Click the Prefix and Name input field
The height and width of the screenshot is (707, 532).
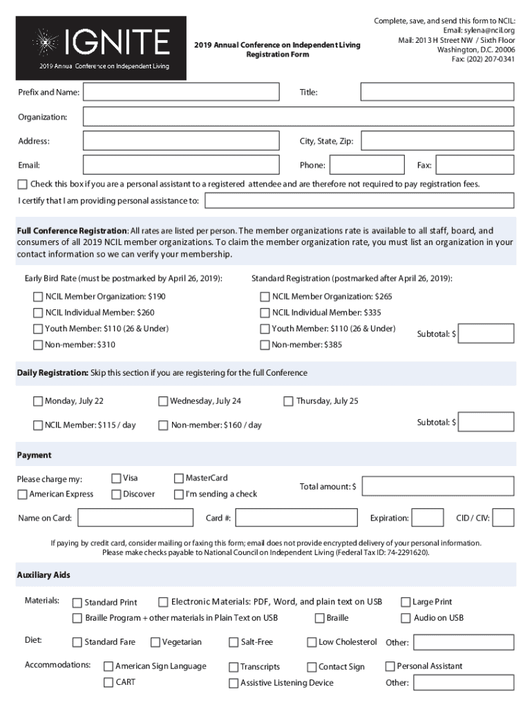[181, 92]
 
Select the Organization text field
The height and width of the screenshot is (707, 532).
[298, 117]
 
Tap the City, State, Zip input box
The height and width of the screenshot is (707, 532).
[437, 142]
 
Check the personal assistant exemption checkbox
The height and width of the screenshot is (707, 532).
[23, 184]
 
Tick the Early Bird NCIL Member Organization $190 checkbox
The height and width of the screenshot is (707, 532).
[38, 297]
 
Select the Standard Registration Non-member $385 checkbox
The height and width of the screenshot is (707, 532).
[265, 345]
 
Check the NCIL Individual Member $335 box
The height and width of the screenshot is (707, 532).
[265, 313]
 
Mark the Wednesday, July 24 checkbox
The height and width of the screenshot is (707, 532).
[163, 401]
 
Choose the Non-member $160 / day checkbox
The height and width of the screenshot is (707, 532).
[163, 425]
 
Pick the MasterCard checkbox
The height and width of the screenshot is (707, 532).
[180, 478]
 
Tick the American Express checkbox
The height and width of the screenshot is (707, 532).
[23, 494]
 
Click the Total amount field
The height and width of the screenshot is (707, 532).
[438, 487]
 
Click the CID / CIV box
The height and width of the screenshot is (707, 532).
[504, 518]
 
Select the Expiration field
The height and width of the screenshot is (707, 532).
[428, 518]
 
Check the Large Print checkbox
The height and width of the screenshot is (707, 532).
[406, 602]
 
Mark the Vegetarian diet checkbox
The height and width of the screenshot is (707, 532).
[155, 642]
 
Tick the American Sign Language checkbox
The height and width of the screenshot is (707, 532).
[108, 666]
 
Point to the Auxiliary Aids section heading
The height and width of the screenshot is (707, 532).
[44, 575]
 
